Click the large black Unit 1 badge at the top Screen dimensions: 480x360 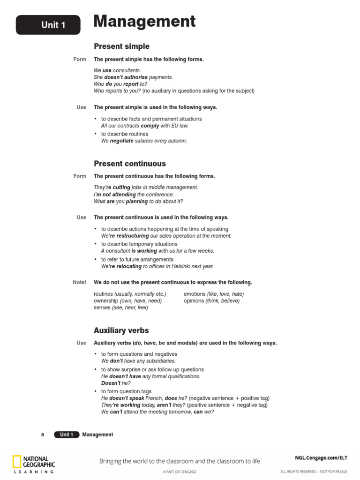tap(48, 25)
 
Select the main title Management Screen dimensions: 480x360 tap(144, 22)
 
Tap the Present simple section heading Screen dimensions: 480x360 tap(121, 46)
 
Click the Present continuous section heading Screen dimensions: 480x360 tap(129, 164)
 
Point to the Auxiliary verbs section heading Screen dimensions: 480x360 tap(121, 330)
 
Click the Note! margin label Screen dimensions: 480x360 tap(79, 282)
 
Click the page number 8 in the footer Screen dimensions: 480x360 tap(43, 435)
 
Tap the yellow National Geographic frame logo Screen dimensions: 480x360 tap(17, 461)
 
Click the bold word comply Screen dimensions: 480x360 tap(150, 126)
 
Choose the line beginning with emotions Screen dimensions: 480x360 tap(214, 294)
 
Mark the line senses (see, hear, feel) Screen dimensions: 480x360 tap(120, 307)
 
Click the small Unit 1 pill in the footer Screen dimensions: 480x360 tap(66, 435)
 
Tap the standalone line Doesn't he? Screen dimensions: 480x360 tap(116, 383)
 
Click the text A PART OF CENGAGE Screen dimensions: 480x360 tap(180, 471)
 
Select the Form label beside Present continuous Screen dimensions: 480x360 tap(80, 176)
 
